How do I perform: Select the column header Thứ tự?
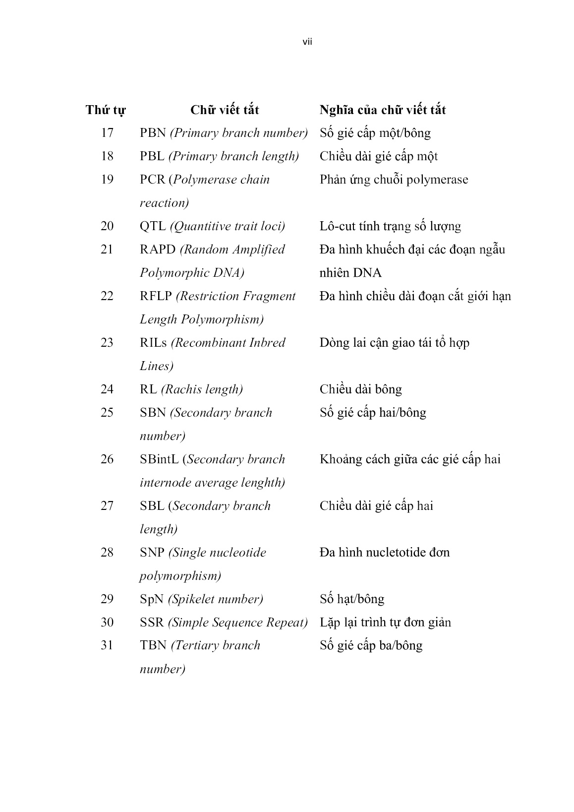(x=106, y=110)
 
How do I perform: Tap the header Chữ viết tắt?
(x=225, y=110)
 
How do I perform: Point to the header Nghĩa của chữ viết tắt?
(x=382, y=110)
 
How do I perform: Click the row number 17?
(x=107, y=133)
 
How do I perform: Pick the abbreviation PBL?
(x=152, y=156)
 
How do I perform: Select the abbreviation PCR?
(x=152, y=180)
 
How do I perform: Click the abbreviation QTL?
(x=153, y=226)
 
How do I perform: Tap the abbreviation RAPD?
(x=158, y=250)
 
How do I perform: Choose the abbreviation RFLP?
(x=156, y=296)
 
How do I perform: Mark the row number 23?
(x=107, y=343)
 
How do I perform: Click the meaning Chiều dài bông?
(x=360, y=389)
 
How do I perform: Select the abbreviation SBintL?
(x=159, y=459)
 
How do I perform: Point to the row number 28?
(x=107, y=553)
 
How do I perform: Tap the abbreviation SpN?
(x=152, y=599)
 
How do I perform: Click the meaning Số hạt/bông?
(x=351, y=599)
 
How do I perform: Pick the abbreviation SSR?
(x=152, y=623)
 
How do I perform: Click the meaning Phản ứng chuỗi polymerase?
(x=394, y=180)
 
